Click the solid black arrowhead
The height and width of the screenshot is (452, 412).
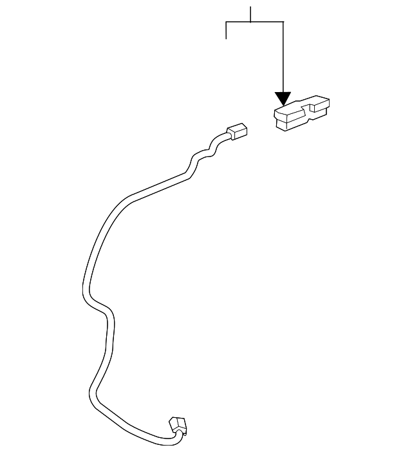pos(283,99)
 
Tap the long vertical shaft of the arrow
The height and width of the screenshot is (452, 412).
pos(283,58)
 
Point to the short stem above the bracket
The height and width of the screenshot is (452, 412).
pos(250,14)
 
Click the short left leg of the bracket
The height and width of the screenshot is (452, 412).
pos(227,30)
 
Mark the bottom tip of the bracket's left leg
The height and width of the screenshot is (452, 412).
pos(227,39)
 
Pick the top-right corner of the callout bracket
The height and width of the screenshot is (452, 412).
pos(283,22)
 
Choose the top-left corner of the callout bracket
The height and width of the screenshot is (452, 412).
pos(227,22)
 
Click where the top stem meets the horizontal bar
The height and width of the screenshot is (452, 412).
pos(250,22)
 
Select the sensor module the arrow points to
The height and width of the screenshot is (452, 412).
pos(301,113)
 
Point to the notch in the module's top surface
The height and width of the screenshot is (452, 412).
pos(308,113)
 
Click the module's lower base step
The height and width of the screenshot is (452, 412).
pos(286,124)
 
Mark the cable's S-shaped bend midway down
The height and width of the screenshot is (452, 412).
pos(103,309)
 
